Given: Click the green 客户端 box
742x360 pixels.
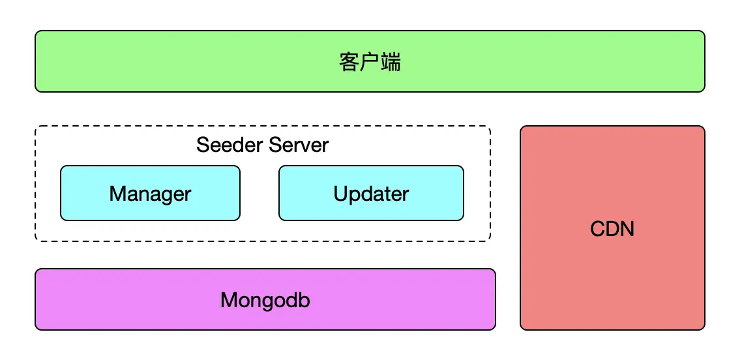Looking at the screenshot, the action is [370, 61].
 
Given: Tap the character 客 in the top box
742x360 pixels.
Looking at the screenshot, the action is [349, 62].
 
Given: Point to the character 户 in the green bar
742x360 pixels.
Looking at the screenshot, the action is [370, 62].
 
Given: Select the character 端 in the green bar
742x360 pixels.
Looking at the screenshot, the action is [391, 62].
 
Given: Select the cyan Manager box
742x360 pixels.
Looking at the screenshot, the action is [150, 193].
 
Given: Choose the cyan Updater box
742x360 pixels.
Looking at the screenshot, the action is [371, 193].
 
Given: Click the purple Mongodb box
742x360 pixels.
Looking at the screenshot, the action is [265, 299].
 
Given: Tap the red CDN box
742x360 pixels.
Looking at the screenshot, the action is [612, 228].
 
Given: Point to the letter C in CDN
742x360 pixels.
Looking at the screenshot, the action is [598, 230].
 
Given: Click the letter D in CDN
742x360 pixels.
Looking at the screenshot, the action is [613, 230].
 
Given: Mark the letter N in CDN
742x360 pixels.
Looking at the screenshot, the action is [628, 230].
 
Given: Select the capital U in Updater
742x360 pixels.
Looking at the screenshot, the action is [340, 194].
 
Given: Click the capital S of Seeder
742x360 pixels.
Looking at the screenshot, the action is [203, 145].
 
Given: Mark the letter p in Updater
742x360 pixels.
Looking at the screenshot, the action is [355, 196].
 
